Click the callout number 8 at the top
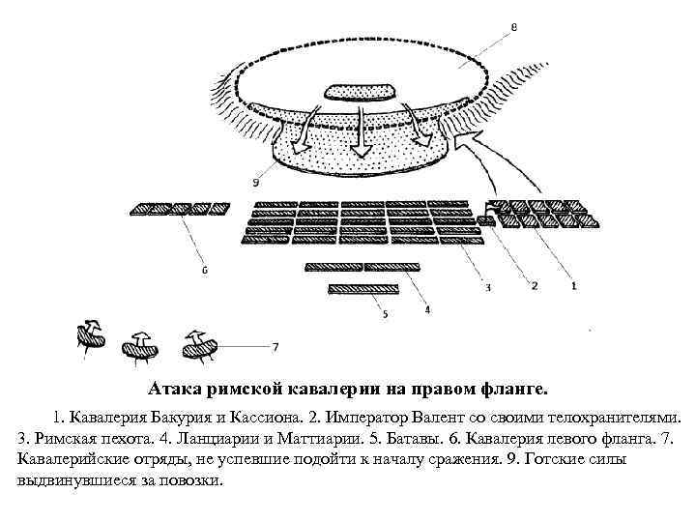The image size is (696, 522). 512,27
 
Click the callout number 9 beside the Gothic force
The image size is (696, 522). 254,181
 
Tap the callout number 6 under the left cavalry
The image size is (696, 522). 204,272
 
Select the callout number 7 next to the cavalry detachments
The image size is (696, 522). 276,345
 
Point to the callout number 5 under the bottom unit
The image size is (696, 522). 385,312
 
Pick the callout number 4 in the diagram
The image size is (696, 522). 426,311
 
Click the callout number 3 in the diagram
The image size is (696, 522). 487,287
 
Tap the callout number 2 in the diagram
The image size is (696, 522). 534,286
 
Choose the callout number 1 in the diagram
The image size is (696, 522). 573,286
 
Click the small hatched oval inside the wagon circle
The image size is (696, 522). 360,93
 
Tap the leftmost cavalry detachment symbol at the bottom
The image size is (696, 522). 90,335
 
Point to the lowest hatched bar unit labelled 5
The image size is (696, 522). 362,288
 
